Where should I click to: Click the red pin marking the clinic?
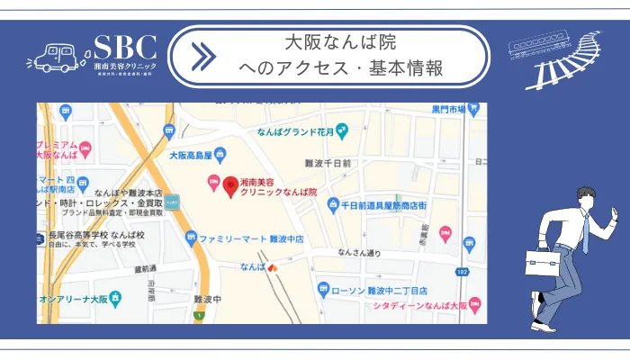tap(230, 185)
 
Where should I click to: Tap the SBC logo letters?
tap(125, 48)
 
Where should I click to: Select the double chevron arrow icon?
tap(204, 56)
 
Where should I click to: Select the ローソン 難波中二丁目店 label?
tap(379, 291)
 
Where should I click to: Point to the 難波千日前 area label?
tap(328, 164)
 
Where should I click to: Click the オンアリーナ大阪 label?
tap(75, 298)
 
